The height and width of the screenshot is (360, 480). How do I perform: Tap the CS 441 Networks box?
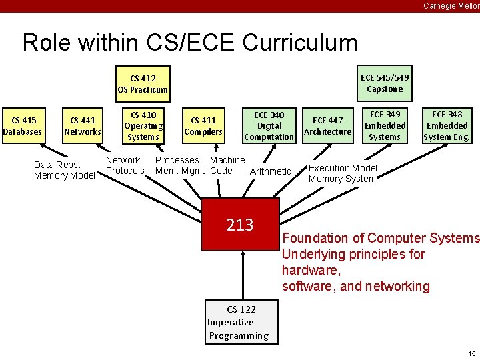click(x=83, y=125)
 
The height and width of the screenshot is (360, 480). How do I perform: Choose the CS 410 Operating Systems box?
click(x=143, y=125)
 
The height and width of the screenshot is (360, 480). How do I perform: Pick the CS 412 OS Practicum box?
click(x=143, y=83)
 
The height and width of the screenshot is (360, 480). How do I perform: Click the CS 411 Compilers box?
click(x=203, y=125)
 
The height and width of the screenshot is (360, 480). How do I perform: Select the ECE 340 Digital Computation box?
click(x=269, y=125)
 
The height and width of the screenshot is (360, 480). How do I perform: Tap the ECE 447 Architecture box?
click(x=327, y=125)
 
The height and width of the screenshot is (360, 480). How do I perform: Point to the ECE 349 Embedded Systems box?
click(x=385, y=125)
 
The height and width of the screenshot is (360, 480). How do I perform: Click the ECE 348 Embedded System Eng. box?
click(x=447, y=125)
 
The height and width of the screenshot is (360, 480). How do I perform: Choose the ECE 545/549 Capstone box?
click(x=385, y=83)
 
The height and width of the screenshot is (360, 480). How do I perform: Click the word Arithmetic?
click(x=270, y=171)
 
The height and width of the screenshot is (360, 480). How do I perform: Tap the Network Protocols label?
click(x=125, y=165)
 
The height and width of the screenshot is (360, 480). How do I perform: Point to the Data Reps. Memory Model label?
click(x=64, y=170)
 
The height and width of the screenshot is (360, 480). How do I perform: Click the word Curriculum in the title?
click(x=300, y=43)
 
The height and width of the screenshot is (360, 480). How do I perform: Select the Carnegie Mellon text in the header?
click(x=451, y=6)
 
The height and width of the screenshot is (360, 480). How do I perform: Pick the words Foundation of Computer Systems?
click(x=380, y=238)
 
